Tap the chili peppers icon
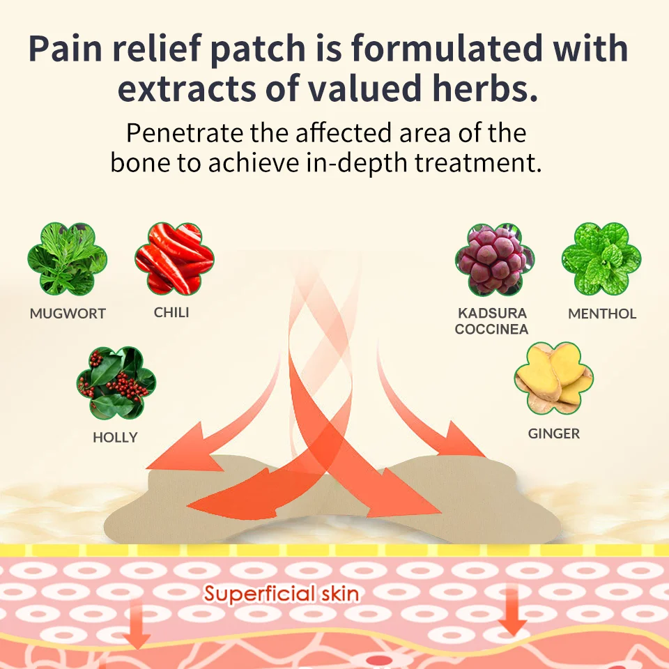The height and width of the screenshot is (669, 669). click(x=174, y=259)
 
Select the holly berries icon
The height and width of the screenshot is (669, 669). click(x=116, y=384)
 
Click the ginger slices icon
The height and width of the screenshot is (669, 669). click(x=554, y=378)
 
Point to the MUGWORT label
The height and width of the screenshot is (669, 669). click(x=68, y=314)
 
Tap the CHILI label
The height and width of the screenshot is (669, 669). click(x=171, y=312)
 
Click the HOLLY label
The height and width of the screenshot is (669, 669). click(x=116, y=438)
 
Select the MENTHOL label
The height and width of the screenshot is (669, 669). click(x=602, y=314)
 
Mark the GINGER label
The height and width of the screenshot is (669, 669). click(x=554, y=433)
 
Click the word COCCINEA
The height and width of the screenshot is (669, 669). click(x=491, y=329)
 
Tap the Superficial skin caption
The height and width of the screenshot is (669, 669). click(x=282, y=594)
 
